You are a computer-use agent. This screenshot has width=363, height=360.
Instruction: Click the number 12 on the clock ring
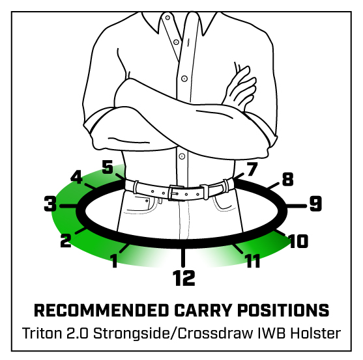point(184,278)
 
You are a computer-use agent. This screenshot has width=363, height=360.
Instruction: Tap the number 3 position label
point(50,204)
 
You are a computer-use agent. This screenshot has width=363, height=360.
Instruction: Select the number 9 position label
point(315,204)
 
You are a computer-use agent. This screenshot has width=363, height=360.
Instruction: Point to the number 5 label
point(108,167)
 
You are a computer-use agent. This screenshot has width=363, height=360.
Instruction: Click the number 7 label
point(252,169)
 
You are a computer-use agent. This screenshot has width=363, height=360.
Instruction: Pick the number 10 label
point(298,241)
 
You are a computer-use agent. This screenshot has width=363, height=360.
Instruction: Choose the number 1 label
point(113,260)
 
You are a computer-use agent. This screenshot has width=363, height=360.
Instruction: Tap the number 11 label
point(253,261)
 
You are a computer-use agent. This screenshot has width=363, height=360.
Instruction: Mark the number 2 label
point(66,240)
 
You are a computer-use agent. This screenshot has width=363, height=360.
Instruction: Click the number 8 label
point(288,179)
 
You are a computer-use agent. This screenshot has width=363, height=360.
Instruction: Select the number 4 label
point(76,177)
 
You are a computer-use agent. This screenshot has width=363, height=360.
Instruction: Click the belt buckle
point(175,193)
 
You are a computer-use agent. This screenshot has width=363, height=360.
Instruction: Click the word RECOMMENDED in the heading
point(102,310)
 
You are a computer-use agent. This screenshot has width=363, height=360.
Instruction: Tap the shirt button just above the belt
point(182,156)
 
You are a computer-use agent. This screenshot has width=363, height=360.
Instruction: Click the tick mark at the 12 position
point(183,257)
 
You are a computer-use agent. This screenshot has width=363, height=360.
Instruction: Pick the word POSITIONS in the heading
point(283,310)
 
